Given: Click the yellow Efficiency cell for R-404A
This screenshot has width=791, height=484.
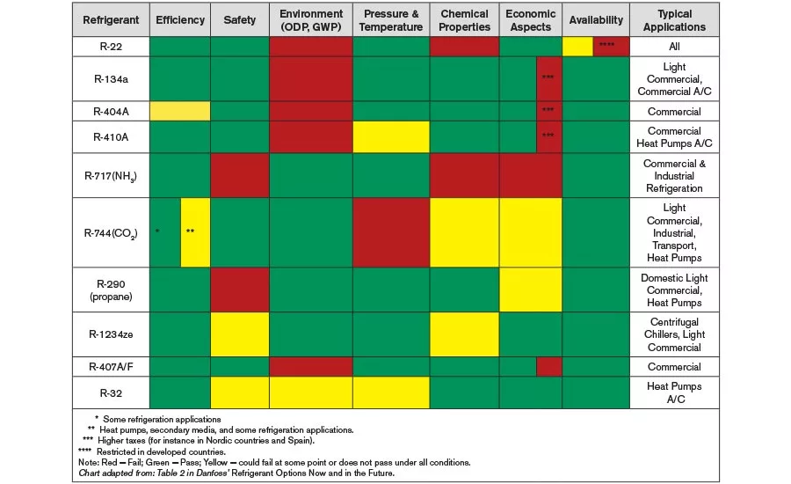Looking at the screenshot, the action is pyautogui.click(x=180, y=111).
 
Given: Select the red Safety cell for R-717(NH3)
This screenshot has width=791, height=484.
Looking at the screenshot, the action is pyautogui.click(x=240, y=175).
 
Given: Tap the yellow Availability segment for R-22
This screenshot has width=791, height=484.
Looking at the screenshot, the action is pyautogui.click(x=577, y=47).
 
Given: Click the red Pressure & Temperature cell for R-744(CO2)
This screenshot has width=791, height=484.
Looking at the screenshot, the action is pyautogui.click(x=391, y=232).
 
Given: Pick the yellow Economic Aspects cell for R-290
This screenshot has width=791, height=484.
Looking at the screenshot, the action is pyautogui.click(x=531, y=290).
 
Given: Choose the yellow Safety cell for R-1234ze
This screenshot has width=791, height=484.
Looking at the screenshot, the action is pyautogui.click(x=240, y=334).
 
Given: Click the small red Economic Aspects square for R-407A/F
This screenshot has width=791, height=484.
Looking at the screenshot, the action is pyautogui.click(x=549, y=367).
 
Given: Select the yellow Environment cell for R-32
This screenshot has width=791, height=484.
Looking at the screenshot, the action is pyautogui.click(x=311, y=392).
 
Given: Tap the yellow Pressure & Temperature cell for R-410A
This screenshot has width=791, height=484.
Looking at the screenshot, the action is pyautogui.click(x=391, y=137).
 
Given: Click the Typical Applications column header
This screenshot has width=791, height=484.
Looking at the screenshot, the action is pyautogui.click(x=674, y=20).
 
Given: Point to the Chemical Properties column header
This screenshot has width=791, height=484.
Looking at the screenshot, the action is pyautogui.click(x=464, y=20).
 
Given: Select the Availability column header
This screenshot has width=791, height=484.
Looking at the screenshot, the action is pyautogui.click(x=596, y=20).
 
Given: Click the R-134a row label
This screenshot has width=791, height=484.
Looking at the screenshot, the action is pyautogui.click(x=111, y=79).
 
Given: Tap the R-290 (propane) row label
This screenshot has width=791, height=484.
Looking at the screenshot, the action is pyautogui.click(x=111, y=290).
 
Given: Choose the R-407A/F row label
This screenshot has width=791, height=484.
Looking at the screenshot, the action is pyautogui.click(x=111, y=367).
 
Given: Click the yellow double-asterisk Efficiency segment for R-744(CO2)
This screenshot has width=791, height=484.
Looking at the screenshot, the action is pyautogui.click(x=195, y=232).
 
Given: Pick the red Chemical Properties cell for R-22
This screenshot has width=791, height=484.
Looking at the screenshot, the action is pyautogui.click(x=464, y=47).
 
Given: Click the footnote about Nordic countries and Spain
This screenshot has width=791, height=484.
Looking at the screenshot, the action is pyautogui.click(x=199, y=441).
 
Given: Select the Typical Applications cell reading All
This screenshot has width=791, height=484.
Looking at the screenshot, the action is pyautogui.click(x=674, y=47).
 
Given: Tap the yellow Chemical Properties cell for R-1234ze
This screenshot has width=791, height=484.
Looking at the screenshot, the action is pyautogui.click(x=464, y=334).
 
